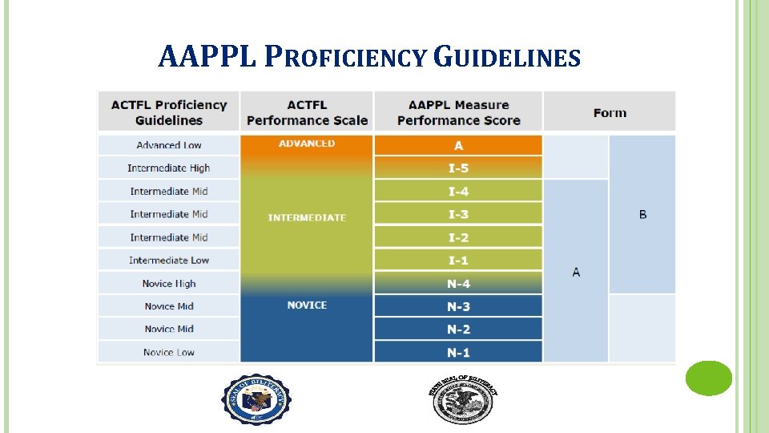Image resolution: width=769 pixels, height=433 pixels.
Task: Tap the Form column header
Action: [x=610, y=112]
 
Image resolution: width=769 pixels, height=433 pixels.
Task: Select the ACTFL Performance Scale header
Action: [x=307, y=112]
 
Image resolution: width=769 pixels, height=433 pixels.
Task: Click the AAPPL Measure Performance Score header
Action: [x=458, y=112]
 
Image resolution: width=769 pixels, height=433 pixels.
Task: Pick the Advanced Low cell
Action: [x=169, y=145]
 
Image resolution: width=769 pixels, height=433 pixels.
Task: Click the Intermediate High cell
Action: [x=169, y=168]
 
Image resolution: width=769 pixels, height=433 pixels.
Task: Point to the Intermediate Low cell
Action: [x=169, y=261]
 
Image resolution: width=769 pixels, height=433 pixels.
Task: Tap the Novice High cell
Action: [x=169, y=284]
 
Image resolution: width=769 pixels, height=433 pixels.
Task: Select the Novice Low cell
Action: [x=169, y=353]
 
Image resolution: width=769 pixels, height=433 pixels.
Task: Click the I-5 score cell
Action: [x=458, y=168]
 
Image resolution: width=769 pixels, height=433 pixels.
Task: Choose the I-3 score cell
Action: [x=458, y=214]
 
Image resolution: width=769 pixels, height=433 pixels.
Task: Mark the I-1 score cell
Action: [x=458, y=261]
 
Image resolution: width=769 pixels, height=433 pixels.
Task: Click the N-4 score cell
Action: [x=458, y=284]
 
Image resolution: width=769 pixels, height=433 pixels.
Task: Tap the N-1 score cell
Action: [x=458, y=353]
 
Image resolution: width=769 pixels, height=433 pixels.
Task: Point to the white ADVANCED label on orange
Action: [x=307, y=144]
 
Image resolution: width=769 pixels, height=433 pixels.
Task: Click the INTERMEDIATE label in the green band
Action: [x=307, y=218]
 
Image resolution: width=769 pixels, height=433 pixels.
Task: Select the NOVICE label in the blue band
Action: [x=307, y=306]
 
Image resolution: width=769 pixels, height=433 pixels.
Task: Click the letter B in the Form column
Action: [x=642, y=215]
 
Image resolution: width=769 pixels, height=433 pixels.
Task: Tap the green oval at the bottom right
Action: [x=708, y=378]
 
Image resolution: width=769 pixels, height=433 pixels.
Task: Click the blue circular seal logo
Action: [x=256, y=399]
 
